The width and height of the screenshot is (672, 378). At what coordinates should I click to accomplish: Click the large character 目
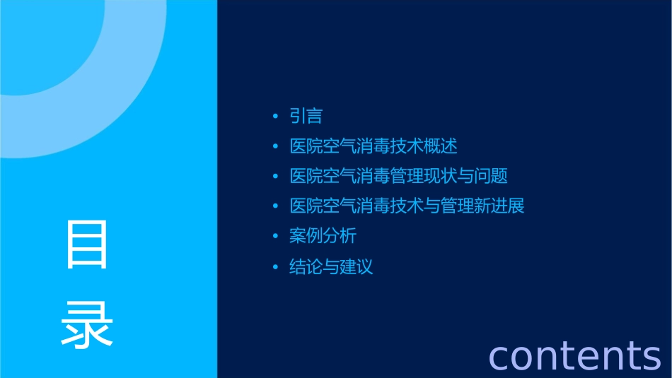87,244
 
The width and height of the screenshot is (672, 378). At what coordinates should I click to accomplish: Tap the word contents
574,355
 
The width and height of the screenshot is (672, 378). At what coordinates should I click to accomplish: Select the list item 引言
306,117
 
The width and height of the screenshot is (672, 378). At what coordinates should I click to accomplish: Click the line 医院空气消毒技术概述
373,147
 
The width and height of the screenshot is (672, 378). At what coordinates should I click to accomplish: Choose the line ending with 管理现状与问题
398,177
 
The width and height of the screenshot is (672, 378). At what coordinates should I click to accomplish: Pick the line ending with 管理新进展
407,207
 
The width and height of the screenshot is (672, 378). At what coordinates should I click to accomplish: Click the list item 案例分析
323,237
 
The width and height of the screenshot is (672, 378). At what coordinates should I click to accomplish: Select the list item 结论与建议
331,267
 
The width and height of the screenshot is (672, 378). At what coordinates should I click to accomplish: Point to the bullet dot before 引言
276,117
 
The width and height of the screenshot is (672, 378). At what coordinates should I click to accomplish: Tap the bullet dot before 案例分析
276,237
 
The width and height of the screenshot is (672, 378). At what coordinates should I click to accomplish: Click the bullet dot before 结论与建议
276,267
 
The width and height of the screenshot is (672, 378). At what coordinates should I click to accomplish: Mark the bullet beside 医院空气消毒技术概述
276,147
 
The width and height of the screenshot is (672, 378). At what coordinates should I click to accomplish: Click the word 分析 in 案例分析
340,237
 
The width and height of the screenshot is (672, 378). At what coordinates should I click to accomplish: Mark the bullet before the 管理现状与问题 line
276,177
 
